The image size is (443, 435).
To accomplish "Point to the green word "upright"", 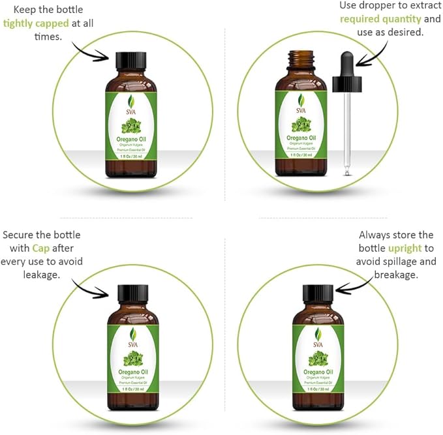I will coord(405,248).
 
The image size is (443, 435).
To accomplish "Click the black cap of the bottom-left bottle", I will coord(133,294).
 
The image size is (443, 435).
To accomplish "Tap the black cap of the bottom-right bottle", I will coord(318,294).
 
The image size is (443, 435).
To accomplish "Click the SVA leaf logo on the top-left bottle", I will coord(131,102).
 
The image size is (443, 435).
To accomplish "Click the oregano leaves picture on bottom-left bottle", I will coord(133,357).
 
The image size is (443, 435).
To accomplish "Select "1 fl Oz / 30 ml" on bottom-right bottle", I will coord(318,388).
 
